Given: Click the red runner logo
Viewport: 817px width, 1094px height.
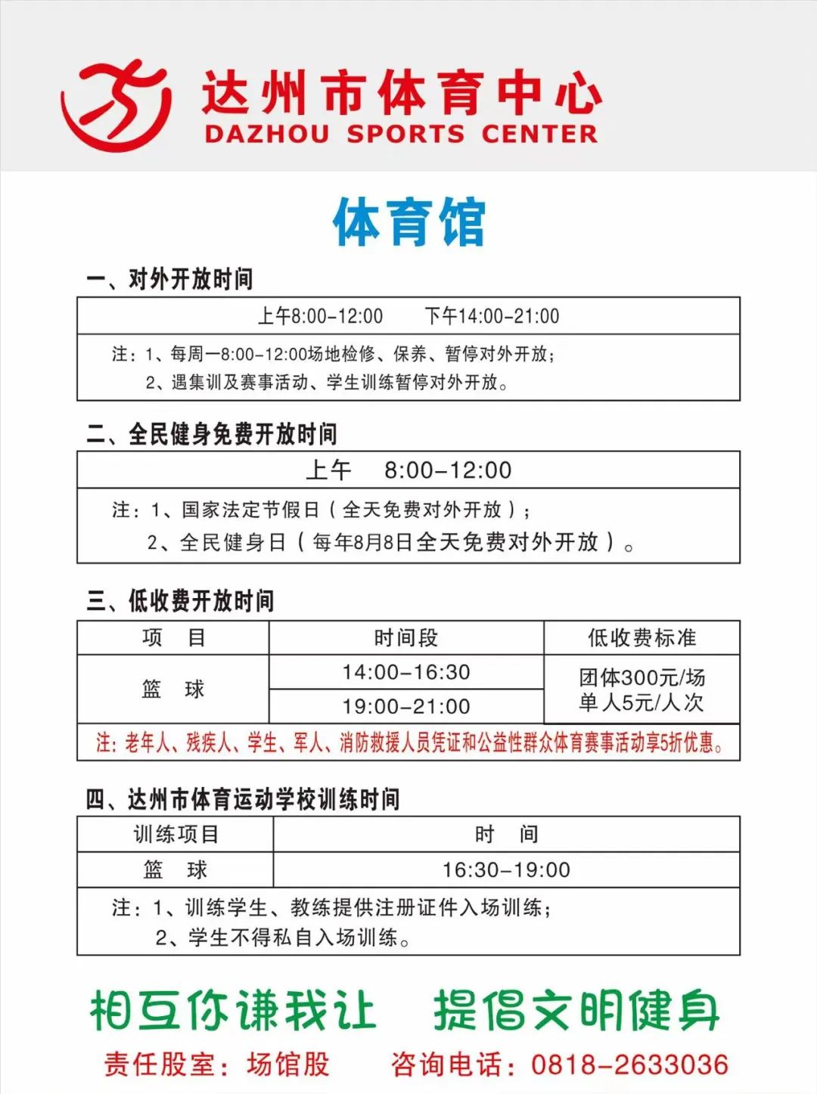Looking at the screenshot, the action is [x=115, y=104].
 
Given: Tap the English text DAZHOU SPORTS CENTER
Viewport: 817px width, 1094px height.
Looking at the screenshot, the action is [x=400, y=135].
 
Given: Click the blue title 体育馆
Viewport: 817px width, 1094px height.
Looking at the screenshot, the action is [x=408, y=222].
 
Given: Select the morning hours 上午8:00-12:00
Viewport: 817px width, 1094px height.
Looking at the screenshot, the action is [x=320, y=316].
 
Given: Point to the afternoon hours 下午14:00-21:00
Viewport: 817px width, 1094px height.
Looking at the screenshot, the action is [x=492, y=316].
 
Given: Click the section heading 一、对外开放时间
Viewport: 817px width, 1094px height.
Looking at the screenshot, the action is [x=169, y=279].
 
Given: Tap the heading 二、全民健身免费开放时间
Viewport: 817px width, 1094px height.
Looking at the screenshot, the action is [x=211, y=434].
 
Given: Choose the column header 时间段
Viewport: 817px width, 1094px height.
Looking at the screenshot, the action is [x=406, y=638].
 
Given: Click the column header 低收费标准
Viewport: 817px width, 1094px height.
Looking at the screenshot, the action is [x=641, y=638].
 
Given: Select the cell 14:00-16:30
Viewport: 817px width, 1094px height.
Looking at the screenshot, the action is [x=406, y=672].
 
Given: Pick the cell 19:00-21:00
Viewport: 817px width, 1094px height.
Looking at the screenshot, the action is [x=406, y=706].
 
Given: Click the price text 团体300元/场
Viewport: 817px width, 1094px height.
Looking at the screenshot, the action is [x=641, y=677].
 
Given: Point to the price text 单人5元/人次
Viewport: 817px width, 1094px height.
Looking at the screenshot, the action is [x=641, y=702].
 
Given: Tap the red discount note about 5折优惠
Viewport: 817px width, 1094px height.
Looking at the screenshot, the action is [x=408, y=742].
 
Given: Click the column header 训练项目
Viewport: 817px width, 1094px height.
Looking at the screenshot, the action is [x=176, y=834].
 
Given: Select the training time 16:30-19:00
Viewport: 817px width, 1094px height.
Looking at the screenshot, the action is [x=506, y=869].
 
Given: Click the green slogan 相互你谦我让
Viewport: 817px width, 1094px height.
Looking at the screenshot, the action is [x=233, y=1010].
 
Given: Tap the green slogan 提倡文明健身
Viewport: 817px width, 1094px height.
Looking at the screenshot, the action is [x=576, y=1010].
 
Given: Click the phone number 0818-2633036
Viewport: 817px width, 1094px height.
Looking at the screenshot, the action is [x=629, y=1065].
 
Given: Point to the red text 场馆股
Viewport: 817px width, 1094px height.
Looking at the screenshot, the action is [x=288, y=1065].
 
